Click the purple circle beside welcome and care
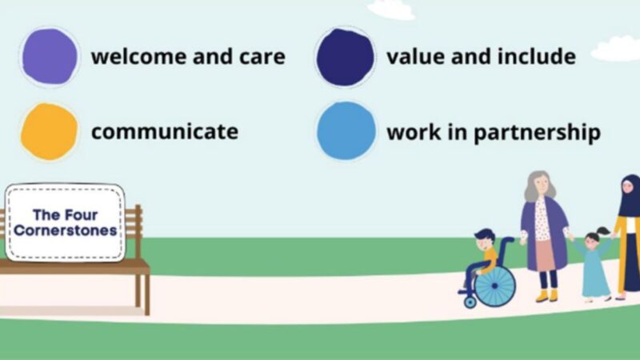pyautogui.click(x=50, y=57)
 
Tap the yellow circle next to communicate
pyautogui.click(x=50, y=131)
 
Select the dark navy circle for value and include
pyautogui.click(x=345, y=57)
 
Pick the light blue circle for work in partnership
pyautogui.click(x=346, y=131)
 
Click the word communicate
pyautogui.click(x=164, y=131)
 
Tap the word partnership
pyautogui.click(x=537, y=132)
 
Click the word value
pyautogui.click(x=414, y=58)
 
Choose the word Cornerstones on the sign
pyautogui.click(x=65, y=231)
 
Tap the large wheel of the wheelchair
pyautogui.click(x=494, y=286)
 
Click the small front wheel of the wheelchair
pyautogui.click(x=470, y=302)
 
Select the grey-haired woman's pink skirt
pyautogui.click(x=546, y=254)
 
